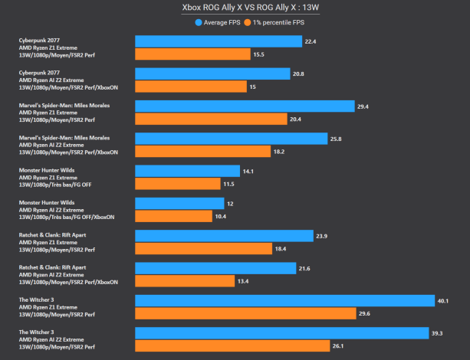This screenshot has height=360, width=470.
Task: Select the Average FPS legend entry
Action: (219, 22)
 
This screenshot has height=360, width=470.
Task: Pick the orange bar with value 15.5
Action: (192, 54)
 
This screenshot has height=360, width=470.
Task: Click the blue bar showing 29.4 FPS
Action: (244, 106)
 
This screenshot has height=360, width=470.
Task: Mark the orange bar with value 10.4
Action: (173, 217)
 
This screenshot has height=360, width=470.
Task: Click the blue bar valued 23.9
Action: (224, 236)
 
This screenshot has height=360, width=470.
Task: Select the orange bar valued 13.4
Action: (184, 281)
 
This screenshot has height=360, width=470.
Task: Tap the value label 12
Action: (230, 204)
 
